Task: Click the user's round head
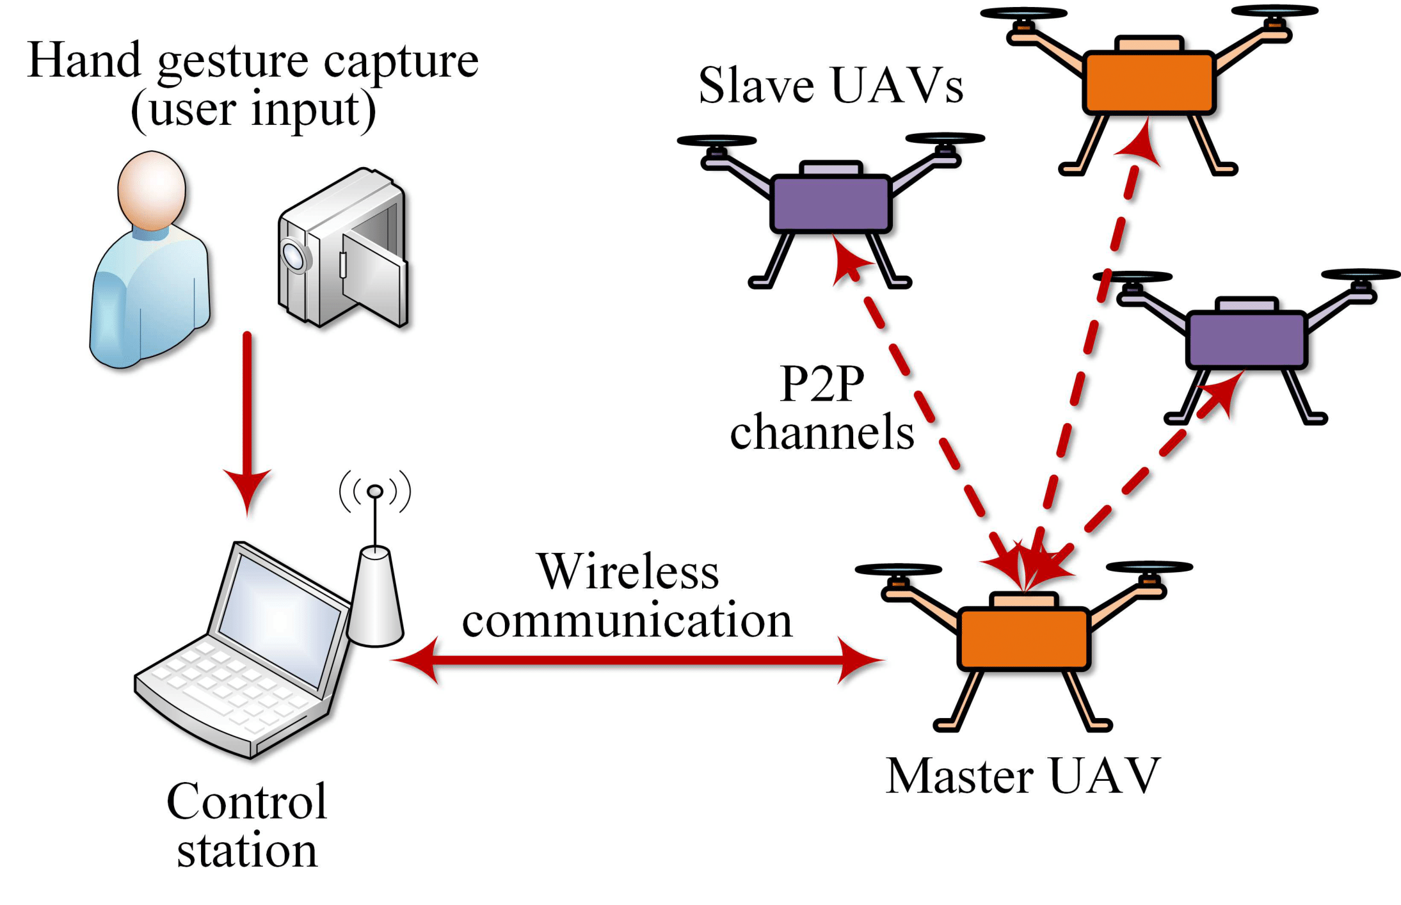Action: [x=152, y=190]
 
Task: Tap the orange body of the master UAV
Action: [x=1023, y=639]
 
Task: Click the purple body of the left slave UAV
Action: [x=831, y=204]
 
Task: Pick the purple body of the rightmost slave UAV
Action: [x=1246, y=340]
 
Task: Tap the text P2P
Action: [x=822, y=384]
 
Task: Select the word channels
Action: [x=822, y=433]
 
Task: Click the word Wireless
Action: [x=628, y=572]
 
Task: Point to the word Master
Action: [x=959, y=776]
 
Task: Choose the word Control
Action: [x=247, y=801]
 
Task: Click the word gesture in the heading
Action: [x=234, y=62]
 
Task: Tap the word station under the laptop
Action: [x=247, y=851]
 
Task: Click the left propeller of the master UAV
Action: [x=898, y=569]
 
